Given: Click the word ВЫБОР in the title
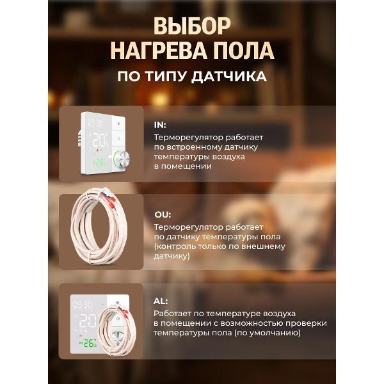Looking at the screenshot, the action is [x=192, y=26].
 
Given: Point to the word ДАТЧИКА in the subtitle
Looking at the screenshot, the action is [x=229, y=77].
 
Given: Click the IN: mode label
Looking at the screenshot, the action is [x=160, y=125].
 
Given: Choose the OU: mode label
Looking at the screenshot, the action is [x=163, y=215].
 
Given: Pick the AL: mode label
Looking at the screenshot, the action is [x=161, y=301].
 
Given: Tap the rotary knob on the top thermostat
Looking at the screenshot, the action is [x=122, y=158].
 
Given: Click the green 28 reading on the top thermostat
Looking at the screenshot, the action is [x=100, y=163].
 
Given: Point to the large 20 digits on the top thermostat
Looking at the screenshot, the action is [x=99, y=140].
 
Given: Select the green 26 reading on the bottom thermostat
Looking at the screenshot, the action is [x=88, y=343].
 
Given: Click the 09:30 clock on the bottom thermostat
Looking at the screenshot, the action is [x=83, y=305].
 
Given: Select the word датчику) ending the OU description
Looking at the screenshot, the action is [x=172, y=256].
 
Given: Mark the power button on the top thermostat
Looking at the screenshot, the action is [x=119, y=139].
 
